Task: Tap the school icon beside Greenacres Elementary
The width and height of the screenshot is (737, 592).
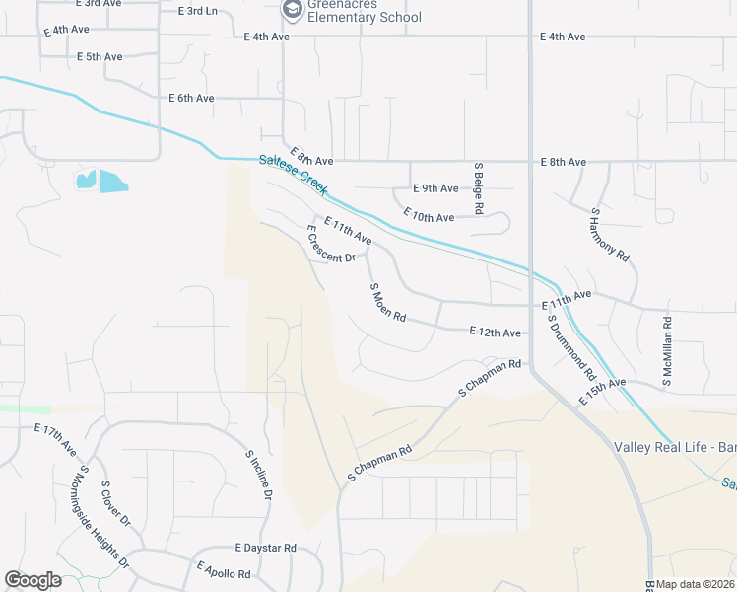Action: pos(292,10)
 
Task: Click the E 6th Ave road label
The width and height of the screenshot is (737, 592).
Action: pos(191,99)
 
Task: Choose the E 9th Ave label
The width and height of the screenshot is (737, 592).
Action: pos(435,188)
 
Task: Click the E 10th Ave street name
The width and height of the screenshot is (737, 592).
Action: pos(429,216)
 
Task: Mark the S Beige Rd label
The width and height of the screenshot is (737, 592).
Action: pos(478,188)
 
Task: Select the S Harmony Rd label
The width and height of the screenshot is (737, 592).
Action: pos(609,234)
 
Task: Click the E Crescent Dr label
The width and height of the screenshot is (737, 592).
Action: pos(330,245)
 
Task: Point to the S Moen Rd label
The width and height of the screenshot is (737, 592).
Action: pos(388,303)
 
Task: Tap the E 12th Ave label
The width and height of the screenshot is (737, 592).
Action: pos(495,333)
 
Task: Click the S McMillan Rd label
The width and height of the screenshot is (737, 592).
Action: pos(667,350)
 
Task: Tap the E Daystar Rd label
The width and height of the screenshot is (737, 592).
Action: pos(265,548)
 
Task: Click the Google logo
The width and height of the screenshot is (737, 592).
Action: pos(33,580)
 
